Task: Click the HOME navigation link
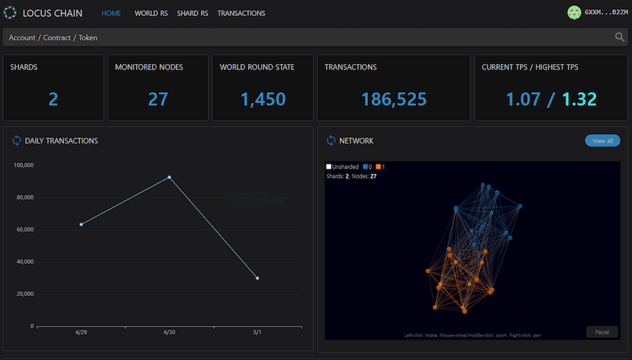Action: click(111, 14)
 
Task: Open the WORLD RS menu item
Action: click(151, 14)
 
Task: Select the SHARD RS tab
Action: click(192, 14)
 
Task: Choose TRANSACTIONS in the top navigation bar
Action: click(241, 14)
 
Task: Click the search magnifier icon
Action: click(620, 37)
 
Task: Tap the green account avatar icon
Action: click(574, 13)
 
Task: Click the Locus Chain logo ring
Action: click(10, 13)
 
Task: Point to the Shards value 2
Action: click(53, 99)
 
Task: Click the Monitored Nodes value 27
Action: click(158, 99)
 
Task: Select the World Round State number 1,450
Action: click(263, 99)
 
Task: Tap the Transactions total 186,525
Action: click(394, 99)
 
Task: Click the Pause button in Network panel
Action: click(601, 332)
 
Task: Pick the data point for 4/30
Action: click(169, 177)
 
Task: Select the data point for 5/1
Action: click(257, 278)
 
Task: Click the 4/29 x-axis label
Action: click(82, 333)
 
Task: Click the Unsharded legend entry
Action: click(342, 167)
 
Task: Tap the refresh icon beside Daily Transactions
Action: click(17, 140)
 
